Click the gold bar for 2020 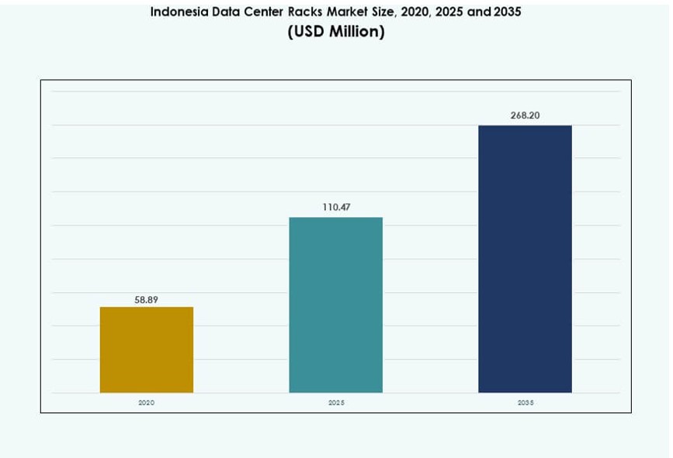point(147,350)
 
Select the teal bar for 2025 point(336,305)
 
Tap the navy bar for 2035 point(525,259)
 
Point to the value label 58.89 point(147,299)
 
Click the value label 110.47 point(336,208)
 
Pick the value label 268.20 point(525,115)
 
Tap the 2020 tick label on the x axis point(147,403)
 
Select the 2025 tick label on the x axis point(336,403)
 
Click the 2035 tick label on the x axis point(525,403)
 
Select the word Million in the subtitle point(356,32)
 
